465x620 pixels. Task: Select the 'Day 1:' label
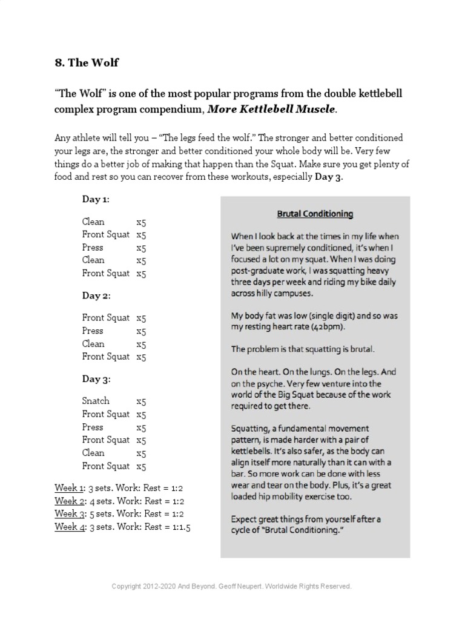click(x=96, y=199)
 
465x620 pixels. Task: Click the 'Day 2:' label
click(x=96, y=295)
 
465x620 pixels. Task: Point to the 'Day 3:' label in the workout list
click(x=96, y=379)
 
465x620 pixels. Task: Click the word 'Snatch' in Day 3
click(x=96, y=401)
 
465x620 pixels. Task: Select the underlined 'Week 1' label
click(x=66, y=488)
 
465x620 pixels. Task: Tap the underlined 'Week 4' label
click(x=66, y=527)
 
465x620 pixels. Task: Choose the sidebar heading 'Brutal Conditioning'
click(x=315, y=214)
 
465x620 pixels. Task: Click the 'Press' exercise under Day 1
click(x=93, y=247)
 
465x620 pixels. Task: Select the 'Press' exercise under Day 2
click(x=93, y=331)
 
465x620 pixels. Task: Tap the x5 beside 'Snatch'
click(x=141, y=401)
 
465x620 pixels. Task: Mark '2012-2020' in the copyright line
click(x=160, y=587)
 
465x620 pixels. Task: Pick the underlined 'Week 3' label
click(x=66, y=514)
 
